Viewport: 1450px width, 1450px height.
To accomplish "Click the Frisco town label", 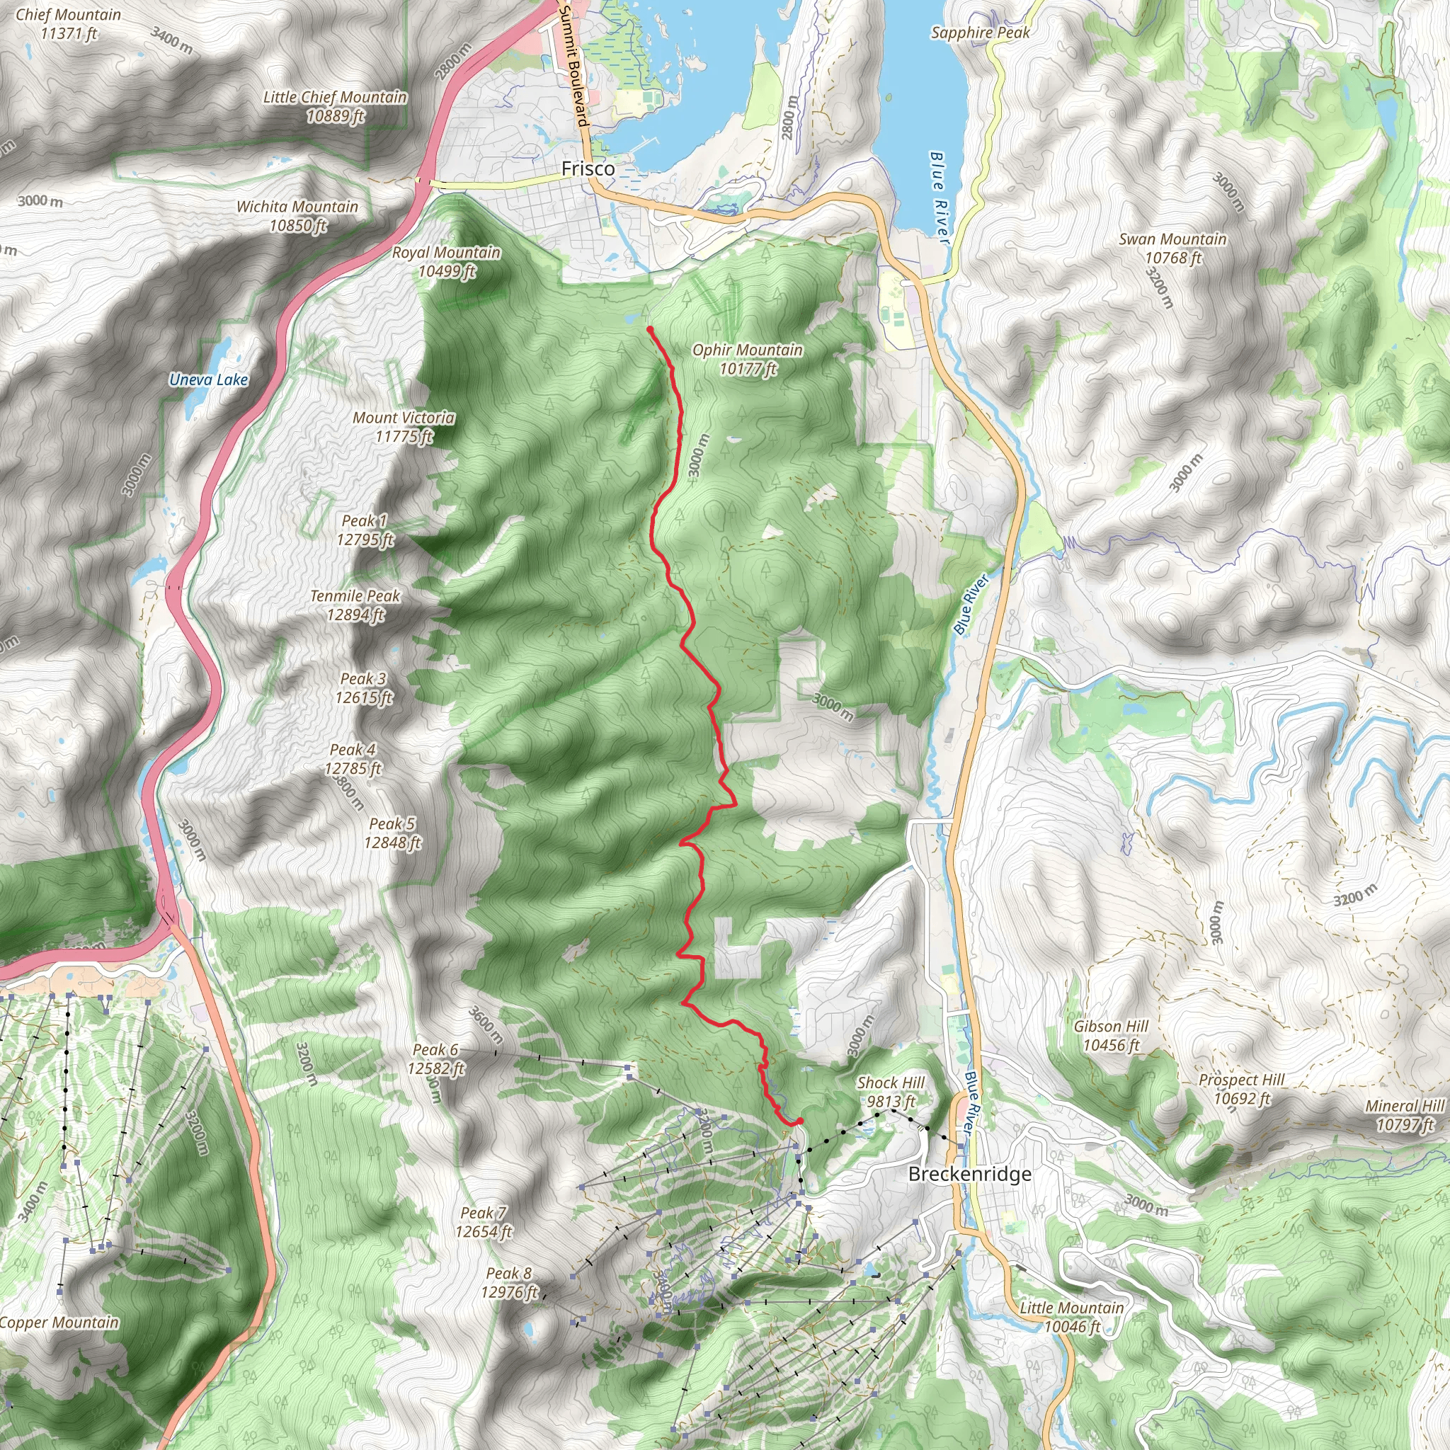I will (x=588, y=169).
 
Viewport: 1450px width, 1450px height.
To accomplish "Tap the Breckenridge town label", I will (x=970, y=1174).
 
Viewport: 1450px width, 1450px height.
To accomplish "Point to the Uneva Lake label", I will (x=208, y=379).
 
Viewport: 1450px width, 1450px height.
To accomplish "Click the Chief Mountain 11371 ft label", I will (x=68, y=24).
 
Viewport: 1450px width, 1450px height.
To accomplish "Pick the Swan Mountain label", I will (x=1172, y=249).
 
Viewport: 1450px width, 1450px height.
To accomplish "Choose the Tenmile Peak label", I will (x=355, y=605).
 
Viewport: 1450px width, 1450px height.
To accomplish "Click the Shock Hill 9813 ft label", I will (x=891, y=1092).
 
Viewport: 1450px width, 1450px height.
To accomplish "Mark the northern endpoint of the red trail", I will (x=649, y=329).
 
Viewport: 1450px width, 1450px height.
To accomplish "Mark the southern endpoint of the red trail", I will (x=800, y=1121).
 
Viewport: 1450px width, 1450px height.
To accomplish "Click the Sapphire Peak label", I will (x=980, y=33).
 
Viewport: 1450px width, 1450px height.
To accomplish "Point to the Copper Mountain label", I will (x=59, y=1323).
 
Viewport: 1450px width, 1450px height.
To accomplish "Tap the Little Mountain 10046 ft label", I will (x=1072, y=1317).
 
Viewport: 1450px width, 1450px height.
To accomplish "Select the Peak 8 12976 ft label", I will (x=509, y=1283).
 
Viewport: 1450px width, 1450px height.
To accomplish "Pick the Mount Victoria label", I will (x=404, y=427).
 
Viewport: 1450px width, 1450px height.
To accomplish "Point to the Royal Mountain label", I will (x=446, y=262).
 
